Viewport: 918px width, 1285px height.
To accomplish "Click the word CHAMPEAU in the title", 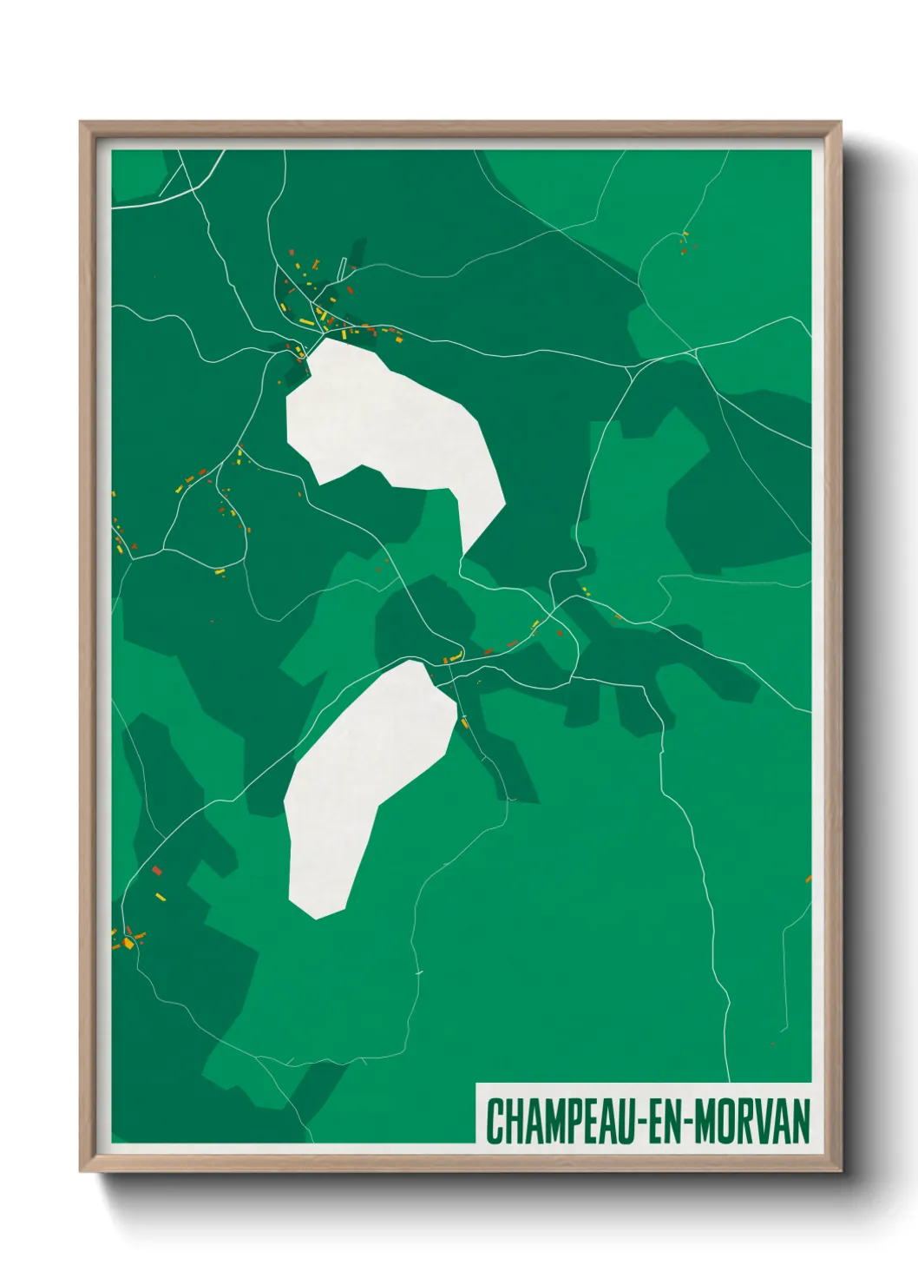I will pyautogui.click(x=561, y=1121).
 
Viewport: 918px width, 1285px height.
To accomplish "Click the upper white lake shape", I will pyautogui.click(x=390, y=425).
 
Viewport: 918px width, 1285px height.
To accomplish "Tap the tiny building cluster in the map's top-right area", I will pyautogui.click(x=684, y=242).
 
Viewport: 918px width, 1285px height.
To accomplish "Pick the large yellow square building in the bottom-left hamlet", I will pyautogui.click(x=128, y=943).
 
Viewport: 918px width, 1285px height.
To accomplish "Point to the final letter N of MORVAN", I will pyautogui.click(x=800, y=1121).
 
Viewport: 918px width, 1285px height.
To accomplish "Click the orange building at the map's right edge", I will pyautogui.click(x=808, y=879).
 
